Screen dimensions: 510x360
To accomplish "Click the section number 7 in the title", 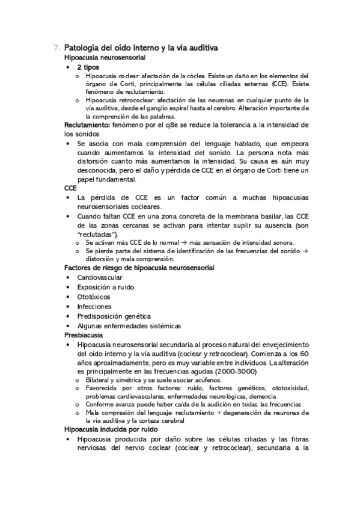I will [x=56, y=48].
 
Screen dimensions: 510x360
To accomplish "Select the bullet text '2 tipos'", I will [x=88, y=67].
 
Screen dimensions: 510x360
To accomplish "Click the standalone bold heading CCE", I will [x=71, y=188].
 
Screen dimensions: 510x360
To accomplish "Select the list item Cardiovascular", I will [x=100, y=278].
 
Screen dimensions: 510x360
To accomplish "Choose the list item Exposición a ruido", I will [x=106, y=287].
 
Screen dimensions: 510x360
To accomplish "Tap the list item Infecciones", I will [x=94, y=307].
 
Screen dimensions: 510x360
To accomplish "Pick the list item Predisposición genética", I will [x=114, y=316].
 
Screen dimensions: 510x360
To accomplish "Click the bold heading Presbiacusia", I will [x=84, y=335].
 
